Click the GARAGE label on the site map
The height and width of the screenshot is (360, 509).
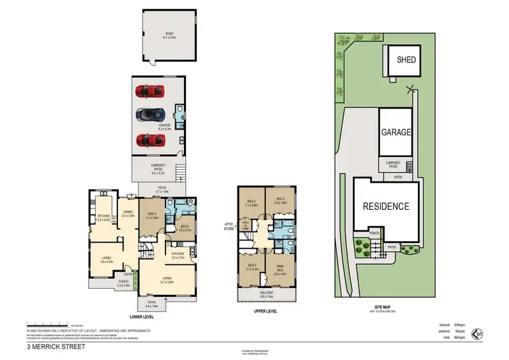point(396,132)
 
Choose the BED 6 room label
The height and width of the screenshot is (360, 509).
point(185,228)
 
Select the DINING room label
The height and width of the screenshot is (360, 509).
point(128,214)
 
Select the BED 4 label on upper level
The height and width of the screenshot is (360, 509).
point(251,202)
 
